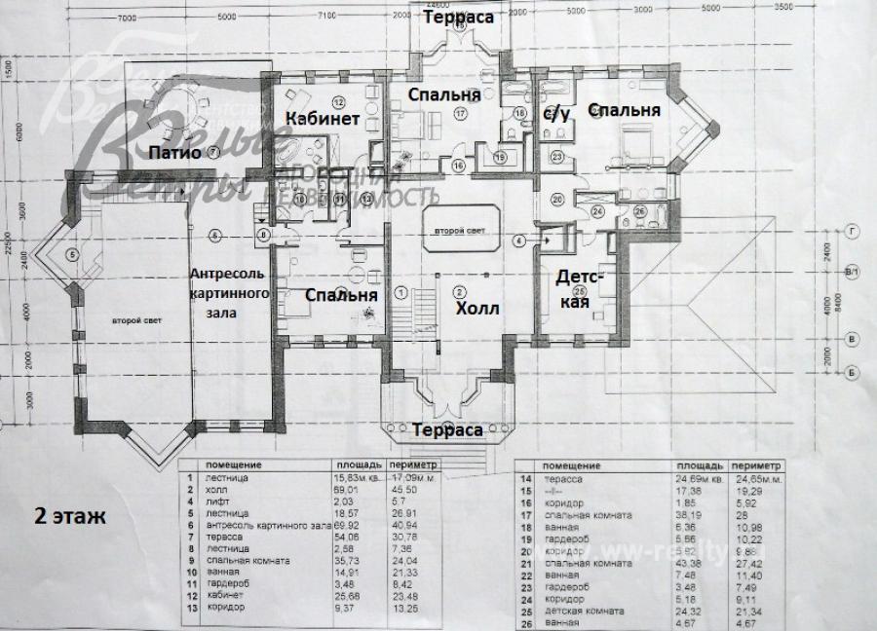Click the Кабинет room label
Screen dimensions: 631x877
point(323,118)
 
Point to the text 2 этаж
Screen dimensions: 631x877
point(70,515)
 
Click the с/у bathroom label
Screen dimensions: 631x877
point(557,112)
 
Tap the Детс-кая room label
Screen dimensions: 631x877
point(579,289)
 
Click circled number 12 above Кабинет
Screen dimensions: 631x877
point(339,100)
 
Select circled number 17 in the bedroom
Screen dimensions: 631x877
point(461,114)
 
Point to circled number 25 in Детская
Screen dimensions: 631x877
point(580,291)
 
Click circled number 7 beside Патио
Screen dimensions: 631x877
point(213,153)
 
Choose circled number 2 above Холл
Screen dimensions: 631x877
point(461,290)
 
